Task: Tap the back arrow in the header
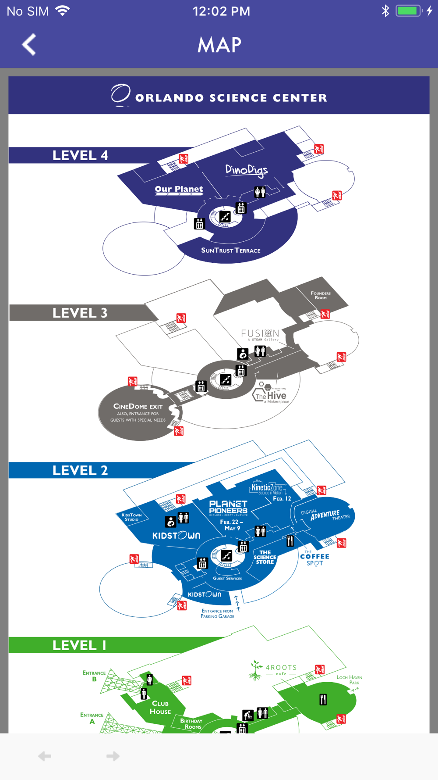pyautogui.click(x=29, y=44)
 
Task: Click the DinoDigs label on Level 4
pyautogui.click(x=246, y=170)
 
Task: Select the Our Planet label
pyautogui.click(x=179, y=190)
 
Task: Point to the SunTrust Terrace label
pyautogui.click(x=231, y=250)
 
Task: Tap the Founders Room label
pyautogui.click(x=321, y=295)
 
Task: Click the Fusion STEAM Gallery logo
pyautogui.click(x=260, y=334)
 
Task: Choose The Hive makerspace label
pyautogui.click(x=272, y=396)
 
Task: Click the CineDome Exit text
pyautogui.click(x=138, y=407)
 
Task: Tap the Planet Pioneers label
pyautogui.click(x=228, y=508)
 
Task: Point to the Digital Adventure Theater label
pyautogui.click(x=325, y=515)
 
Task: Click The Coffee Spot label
pyautogui.click(x=314, y=559)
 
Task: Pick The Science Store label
pyautogui.click(x=265, y=557)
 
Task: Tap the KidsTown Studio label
pyautogui.click(x=131, y=517)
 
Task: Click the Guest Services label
pyautogui.click(x=227, y=578)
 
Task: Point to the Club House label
pyautogui.click(x=160, y=707)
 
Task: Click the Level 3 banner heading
pyautogui.click(x=80, y=313)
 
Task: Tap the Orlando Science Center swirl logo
pyautogui.click(x=120, y=95)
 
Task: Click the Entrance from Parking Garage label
pyautogui.click(x=217, y=613)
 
